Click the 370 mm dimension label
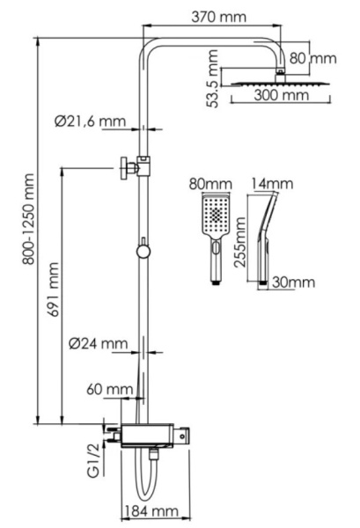coord(220,17)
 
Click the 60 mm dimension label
coord(110,388)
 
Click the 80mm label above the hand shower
coord(210,184)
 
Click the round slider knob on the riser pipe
coord(143,252)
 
